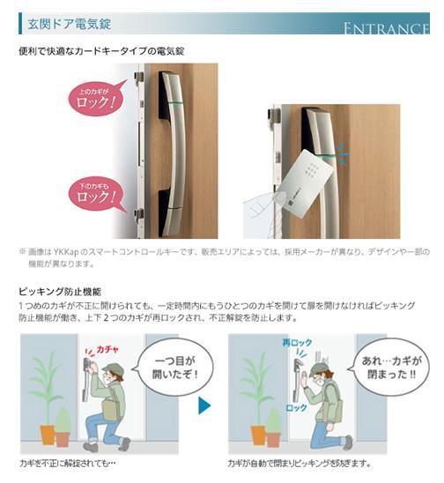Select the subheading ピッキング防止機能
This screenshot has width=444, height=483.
coord(60,289)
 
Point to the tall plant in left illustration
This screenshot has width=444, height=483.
coord(44,388)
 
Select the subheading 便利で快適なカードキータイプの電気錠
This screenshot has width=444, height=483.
coord(102,52)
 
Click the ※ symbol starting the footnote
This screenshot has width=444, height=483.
coord(23,251)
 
